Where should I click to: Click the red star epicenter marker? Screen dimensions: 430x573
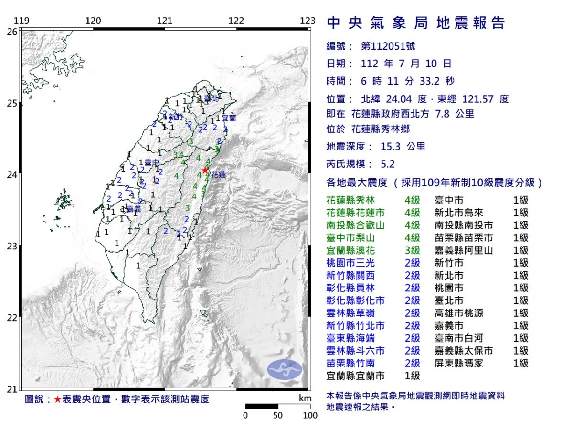pos(205,170)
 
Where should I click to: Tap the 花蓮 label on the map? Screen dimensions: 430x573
pos(218,175)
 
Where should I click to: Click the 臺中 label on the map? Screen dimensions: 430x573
pos(152,163)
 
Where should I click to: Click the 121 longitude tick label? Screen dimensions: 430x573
pos(165,21)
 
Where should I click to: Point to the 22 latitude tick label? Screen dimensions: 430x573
pos(12,318)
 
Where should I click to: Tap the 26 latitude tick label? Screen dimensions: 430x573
pos(12,32)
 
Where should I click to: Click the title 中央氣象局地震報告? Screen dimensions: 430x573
pos(415,23)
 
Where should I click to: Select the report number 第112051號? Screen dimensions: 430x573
pos(388,46)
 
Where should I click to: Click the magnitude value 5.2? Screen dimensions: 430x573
pos(388,164)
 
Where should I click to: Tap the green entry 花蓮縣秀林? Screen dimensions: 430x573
pos(352,200)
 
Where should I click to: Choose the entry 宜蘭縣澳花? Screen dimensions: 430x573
pos(352,250)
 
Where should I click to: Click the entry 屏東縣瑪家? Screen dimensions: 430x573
pos(459,363)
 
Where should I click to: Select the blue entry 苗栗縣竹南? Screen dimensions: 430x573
pos(352,363)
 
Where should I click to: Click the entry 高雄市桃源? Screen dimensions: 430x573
pos(459,313)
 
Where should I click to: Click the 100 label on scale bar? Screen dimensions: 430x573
pos(310,416)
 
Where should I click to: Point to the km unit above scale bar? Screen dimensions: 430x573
pos(305,398)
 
